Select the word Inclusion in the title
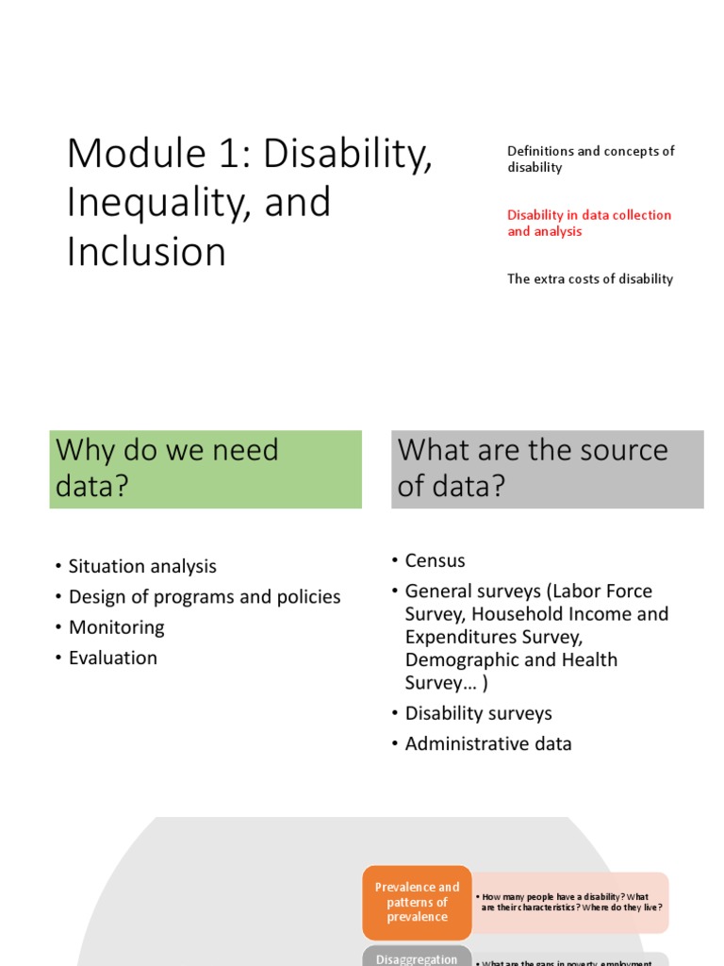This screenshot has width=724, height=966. click(146, 252)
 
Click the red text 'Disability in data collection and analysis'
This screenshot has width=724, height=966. click(589, 223)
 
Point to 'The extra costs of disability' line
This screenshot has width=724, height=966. click(590, 278)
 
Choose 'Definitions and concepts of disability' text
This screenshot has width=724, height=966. click(590, 158)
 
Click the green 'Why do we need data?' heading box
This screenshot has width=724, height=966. click(206, 470)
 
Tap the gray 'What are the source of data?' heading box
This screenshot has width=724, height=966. click(547, 470)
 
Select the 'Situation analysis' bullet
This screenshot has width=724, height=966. click(142, 566)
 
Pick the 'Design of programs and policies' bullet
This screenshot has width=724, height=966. click(205, 596)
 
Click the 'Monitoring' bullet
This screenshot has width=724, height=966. click(117, 627)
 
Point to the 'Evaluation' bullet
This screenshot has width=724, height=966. click(113, 658)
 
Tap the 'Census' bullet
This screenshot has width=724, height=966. click(435, 560)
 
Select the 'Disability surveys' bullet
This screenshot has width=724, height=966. click(478, 713)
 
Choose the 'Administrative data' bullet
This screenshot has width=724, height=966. click(488, 743)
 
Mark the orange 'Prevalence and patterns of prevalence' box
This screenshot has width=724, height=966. click(417, 902)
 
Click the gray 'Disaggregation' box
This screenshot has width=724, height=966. click(417, 958)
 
